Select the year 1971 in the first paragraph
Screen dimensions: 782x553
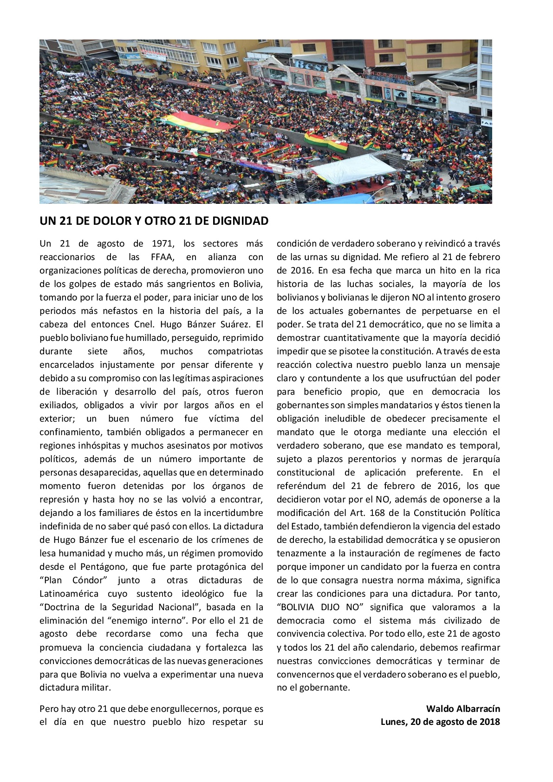[x=163, y=243]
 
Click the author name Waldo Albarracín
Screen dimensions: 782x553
[x=463, y=709]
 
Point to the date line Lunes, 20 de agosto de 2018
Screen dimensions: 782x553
[x=440, y=722]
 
